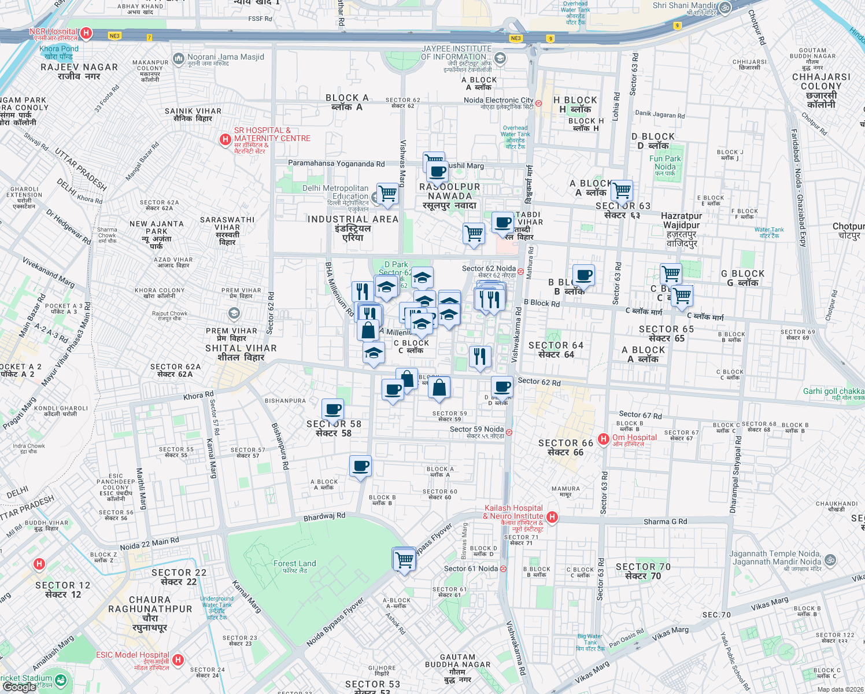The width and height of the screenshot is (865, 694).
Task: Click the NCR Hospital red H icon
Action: pos(86,33)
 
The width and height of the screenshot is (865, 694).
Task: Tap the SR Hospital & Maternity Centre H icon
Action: pos(226,139)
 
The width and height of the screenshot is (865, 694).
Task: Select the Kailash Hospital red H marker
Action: pos(552,516)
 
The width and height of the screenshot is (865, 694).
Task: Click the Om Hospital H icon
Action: pos(604,440)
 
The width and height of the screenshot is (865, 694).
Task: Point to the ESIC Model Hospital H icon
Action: pos(178,659)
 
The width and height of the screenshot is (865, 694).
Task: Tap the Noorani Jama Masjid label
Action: pos(226,57)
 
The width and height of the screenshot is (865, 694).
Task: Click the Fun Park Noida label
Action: pos(665,163)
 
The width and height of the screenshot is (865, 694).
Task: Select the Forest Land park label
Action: pos(295,564)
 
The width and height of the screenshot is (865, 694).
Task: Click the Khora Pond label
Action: pos(59,49)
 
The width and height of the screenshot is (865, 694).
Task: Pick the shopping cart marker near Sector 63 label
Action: pos(622,190)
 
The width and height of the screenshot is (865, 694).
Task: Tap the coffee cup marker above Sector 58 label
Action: pos(333,410)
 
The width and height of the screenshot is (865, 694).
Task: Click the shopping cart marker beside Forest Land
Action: pos(404,559)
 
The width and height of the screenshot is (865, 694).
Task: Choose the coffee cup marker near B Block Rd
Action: pos(583,275)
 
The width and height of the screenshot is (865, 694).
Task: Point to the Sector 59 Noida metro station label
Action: pos(476,429)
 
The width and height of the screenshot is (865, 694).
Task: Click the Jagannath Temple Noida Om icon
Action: pos(830,559)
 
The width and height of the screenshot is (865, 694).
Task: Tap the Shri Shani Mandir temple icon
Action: pos(725,8)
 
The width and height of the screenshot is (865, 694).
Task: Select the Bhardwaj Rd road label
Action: pos(324,516)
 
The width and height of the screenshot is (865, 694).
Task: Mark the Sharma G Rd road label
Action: pos(665,522)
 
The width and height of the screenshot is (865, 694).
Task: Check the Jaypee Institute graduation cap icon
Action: pos(500,58)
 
